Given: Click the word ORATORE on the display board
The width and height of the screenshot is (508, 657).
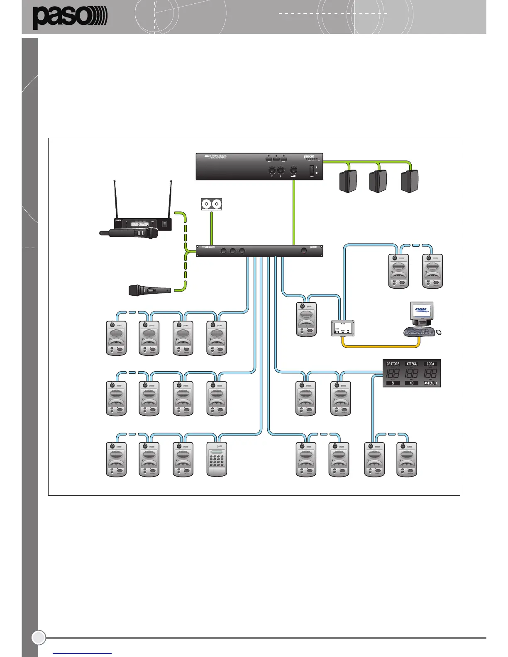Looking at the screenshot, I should [x=393, y=364].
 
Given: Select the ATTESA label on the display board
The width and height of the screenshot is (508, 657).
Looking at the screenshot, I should [x=412, y=364].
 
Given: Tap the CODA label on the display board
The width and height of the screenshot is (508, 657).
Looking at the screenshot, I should [x=430, y=364].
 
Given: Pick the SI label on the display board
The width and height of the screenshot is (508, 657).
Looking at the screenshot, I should [x=393, y=383].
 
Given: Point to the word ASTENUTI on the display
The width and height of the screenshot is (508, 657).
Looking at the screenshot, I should [x=430, y=383].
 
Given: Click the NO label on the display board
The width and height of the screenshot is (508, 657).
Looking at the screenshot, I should [x=411, y=383].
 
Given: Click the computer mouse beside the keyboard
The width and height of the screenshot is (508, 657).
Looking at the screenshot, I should [x=439, y=332].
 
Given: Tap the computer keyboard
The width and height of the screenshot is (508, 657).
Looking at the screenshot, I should [x=419, y=331].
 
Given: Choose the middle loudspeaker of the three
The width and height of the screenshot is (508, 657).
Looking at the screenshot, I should [x=378, y=181].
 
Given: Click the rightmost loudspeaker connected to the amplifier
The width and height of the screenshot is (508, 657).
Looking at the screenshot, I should [x=410, y=181].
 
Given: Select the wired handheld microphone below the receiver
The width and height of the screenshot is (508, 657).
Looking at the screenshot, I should [x=149, y=290].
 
